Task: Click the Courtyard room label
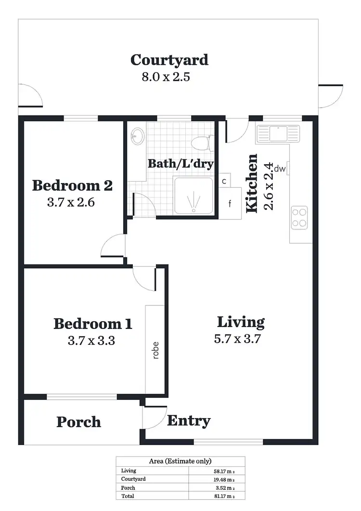(x=169, y=60)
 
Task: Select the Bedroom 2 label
(x=72, y=185)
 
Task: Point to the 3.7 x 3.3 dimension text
(x=91, y=341)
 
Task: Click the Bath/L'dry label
(x=180, y=163)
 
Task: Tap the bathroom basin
(x=138, y=136)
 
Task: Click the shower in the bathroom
(x=193, y=196)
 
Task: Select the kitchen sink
(x=278, y=132)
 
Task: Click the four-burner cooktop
(x=299, y=216)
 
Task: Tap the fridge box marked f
(x=230, y=203)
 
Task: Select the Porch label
(x=78, y=422)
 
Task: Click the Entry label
(x=189, y=420)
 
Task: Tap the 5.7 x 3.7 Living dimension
(x=237, y=339)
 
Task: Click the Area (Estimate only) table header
(x=180, y=461)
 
